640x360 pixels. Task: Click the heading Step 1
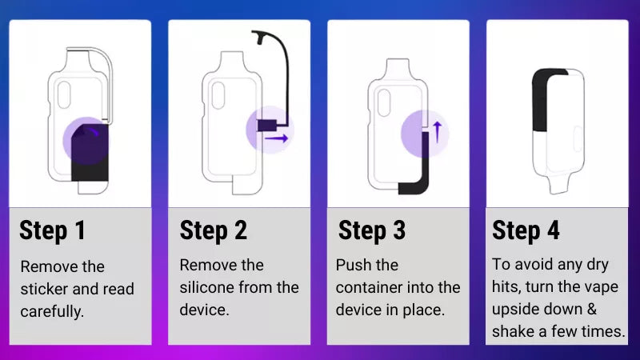tap(52, 230)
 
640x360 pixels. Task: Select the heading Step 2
tap(213, 230)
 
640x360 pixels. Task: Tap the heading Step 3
tap(372, 230)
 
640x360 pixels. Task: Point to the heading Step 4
tap(526, 230)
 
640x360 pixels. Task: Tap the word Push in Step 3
tap(352, 265)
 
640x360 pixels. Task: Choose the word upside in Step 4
tap(518, 309)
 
